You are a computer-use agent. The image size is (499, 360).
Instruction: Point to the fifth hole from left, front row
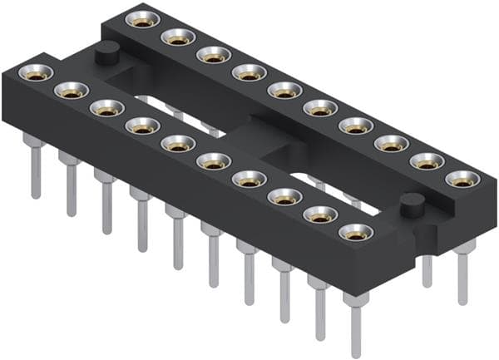coord(178,143)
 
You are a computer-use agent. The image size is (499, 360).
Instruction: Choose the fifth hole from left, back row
coord(284,89)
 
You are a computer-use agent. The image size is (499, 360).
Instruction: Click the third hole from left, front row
coord(106,108)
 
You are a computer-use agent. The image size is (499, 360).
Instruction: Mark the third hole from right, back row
coord(391,143)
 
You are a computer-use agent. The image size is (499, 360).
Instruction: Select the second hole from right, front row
coord(320,215)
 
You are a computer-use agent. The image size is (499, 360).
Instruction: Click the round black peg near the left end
coord(105,56)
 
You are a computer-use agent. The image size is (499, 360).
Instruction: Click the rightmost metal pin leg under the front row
coord(357,328)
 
